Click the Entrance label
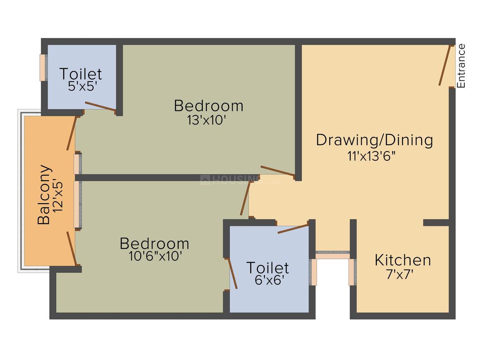461,66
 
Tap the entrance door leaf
445,65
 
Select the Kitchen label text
403,260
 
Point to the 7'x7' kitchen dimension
400,275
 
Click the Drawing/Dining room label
374,140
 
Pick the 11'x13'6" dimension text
371,156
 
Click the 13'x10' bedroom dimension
206,120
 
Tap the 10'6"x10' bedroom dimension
156,256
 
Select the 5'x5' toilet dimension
82,86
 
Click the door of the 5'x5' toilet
101,106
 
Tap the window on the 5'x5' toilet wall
43,67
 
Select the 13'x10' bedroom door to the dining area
278,171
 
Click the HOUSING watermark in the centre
240,180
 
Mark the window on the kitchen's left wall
353,272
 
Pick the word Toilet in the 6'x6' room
268,268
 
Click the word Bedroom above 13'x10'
209,106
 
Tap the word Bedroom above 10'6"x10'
154,244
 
